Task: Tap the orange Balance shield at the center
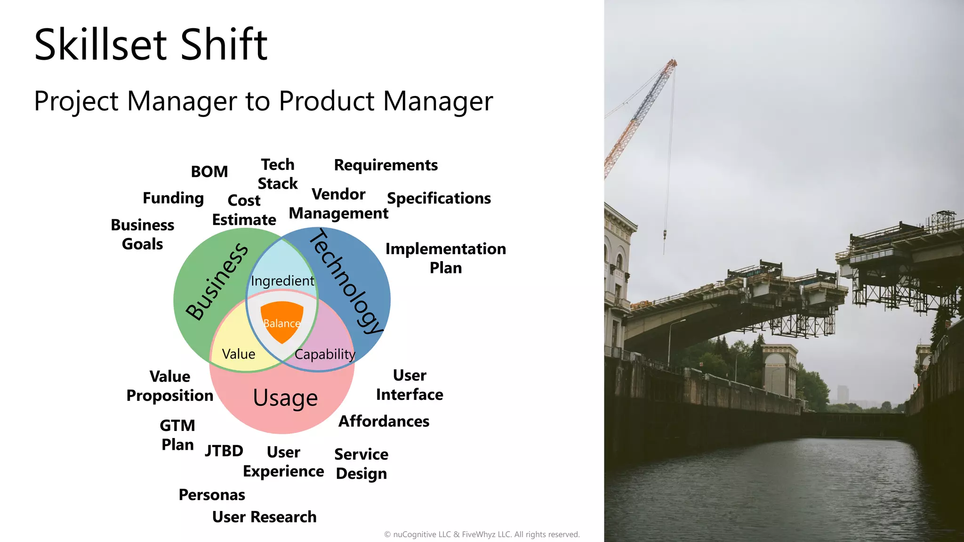pyautogui.click(x=281, y=321)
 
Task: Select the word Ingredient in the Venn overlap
pyautogui.click(x=282, y=281)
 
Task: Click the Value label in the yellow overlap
pyautogui.click(x=238, y=354)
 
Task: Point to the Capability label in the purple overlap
pyautogui.click(x=325, y=354)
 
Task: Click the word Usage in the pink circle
pyautogui.click(x=285, y=398)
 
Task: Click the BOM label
pyautogui.click(x=209, y=172)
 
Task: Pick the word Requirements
pyautogui.click(x=386, y=165)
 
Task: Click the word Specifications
pyautogui.click(x=439, y=199)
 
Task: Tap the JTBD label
pyautogui.click(x=224, y=451)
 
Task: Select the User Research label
pyautogui.click(x=264, y=517)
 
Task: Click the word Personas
pyautogui.click(x=212, y=495)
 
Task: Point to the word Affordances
pyautogui.click(x=384, y=421)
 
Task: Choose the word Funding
pyautogui.click(x=173, y=198)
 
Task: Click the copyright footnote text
pyautogui.click(x=482, y=534)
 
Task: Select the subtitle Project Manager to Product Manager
pyautogui.click(x=264, y=101)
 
